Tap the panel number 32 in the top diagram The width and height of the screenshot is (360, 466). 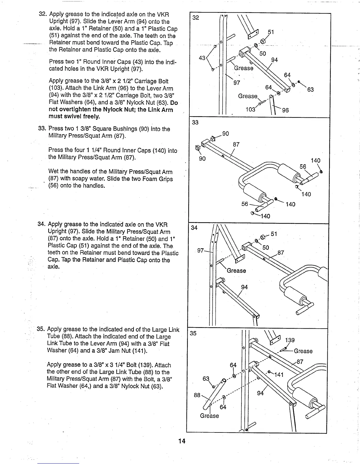(x=196, y=18)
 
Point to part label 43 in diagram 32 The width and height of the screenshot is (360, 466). (x=202, y=58)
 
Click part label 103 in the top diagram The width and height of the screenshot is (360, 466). (x=250, y=110)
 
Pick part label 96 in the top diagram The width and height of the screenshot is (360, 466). (x=285, y=110)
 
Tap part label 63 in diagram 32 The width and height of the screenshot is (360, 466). (x=311, y=89)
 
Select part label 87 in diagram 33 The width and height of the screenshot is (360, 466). (x=236, y=144)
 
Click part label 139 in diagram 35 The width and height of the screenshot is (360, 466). (x=290, y=340)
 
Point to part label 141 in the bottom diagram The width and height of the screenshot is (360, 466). (x=279, y=375)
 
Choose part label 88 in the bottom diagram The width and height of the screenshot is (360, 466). (x=197, y=395)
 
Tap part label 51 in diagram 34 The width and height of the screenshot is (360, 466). (x=274, y=234)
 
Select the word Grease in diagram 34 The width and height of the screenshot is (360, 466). (x=236, y=271)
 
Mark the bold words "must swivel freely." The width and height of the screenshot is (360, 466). (x=74, y=116)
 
